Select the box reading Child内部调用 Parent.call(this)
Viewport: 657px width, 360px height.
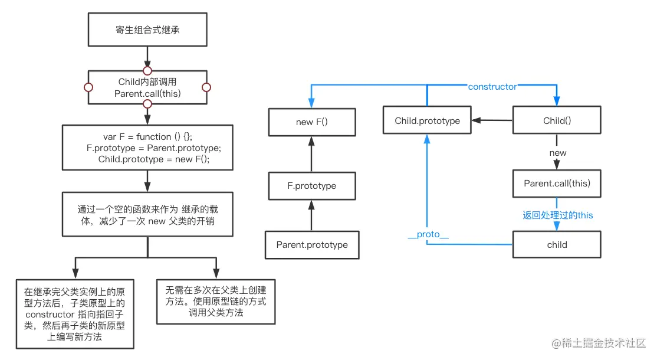point(147,87)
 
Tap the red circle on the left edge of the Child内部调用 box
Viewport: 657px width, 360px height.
point(88,87)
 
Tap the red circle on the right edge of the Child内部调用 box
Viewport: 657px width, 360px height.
point(206,87)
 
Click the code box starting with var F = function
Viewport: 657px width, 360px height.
point(147,148)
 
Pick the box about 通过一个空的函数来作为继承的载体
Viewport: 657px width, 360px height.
point(147,215)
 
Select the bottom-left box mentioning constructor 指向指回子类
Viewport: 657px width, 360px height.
point(75,314)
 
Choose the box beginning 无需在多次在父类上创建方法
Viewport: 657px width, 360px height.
point(216,302)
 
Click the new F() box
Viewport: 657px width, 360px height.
point(312,122)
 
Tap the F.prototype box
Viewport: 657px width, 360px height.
point(312,185)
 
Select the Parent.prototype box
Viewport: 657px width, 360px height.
point(312,245)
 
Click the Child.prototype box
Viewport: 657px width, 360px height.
point(427,121)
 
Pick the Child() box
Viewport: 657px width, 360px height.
point(557,121)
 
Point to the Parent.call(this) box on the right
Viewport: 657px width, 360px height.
point(557,184)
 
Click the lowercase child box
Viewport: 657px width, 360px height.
point(557,244)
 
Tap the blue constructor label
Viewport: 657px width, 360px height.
point(492,87)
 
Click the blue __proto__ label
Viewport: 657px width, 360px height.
point(428,234)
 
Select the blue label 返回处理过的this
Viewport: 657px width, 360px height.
point(557,215)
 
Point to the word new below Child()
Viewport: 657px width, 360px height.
point(557,153)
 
